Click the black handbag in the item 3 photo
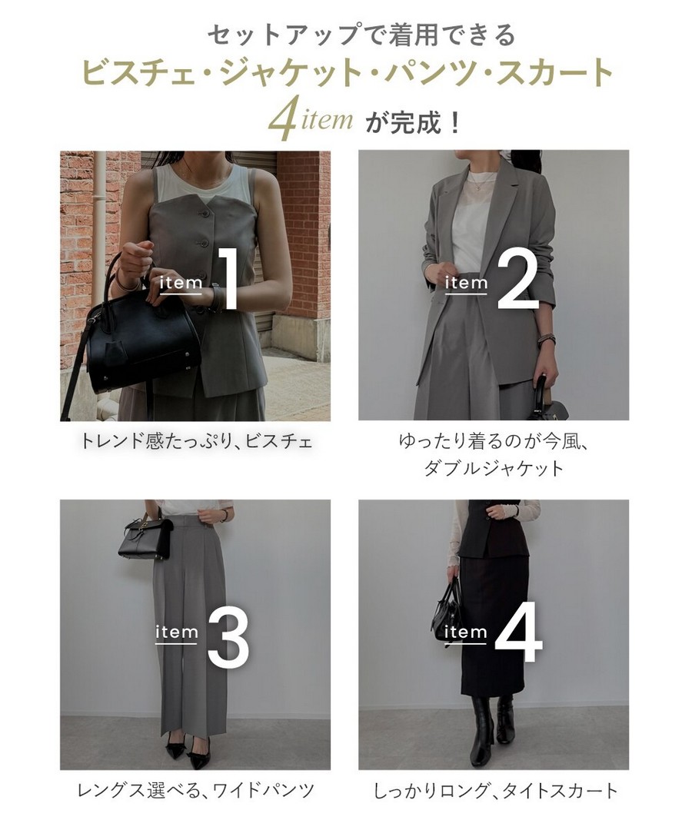click(x=145, y=536)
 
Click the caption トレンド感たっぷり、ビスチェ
click(x=196, y=441)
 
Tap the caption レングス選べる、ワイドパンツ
click(x=196, y=791)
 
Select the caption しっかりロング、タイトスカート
click(x=496, y=791)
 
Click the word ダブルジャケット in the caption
click(x=494, y=469)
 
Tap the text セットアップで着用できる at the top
click(x=361, y=35)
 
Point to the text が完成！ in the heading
click(x=413, y=123)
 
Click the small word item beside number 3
click(x=176, y=632)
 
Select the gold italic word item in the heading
click(x=328, y=119)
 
